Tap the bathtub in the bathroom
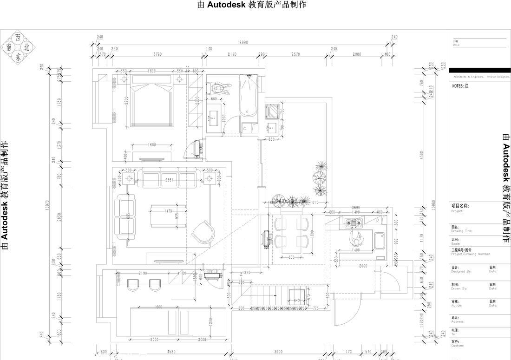coord(249,96)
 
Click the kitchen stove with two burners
coord(356,223)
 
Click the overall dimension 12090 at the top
coord(242,42)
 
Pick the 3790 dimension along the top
coord(157,54)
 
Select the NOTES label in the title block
coord(460,86)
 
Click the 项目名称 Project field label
coord(460,206)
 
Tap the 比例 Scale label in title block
coord(456,240)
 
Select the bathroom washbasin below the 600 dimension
coord(214,118)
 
